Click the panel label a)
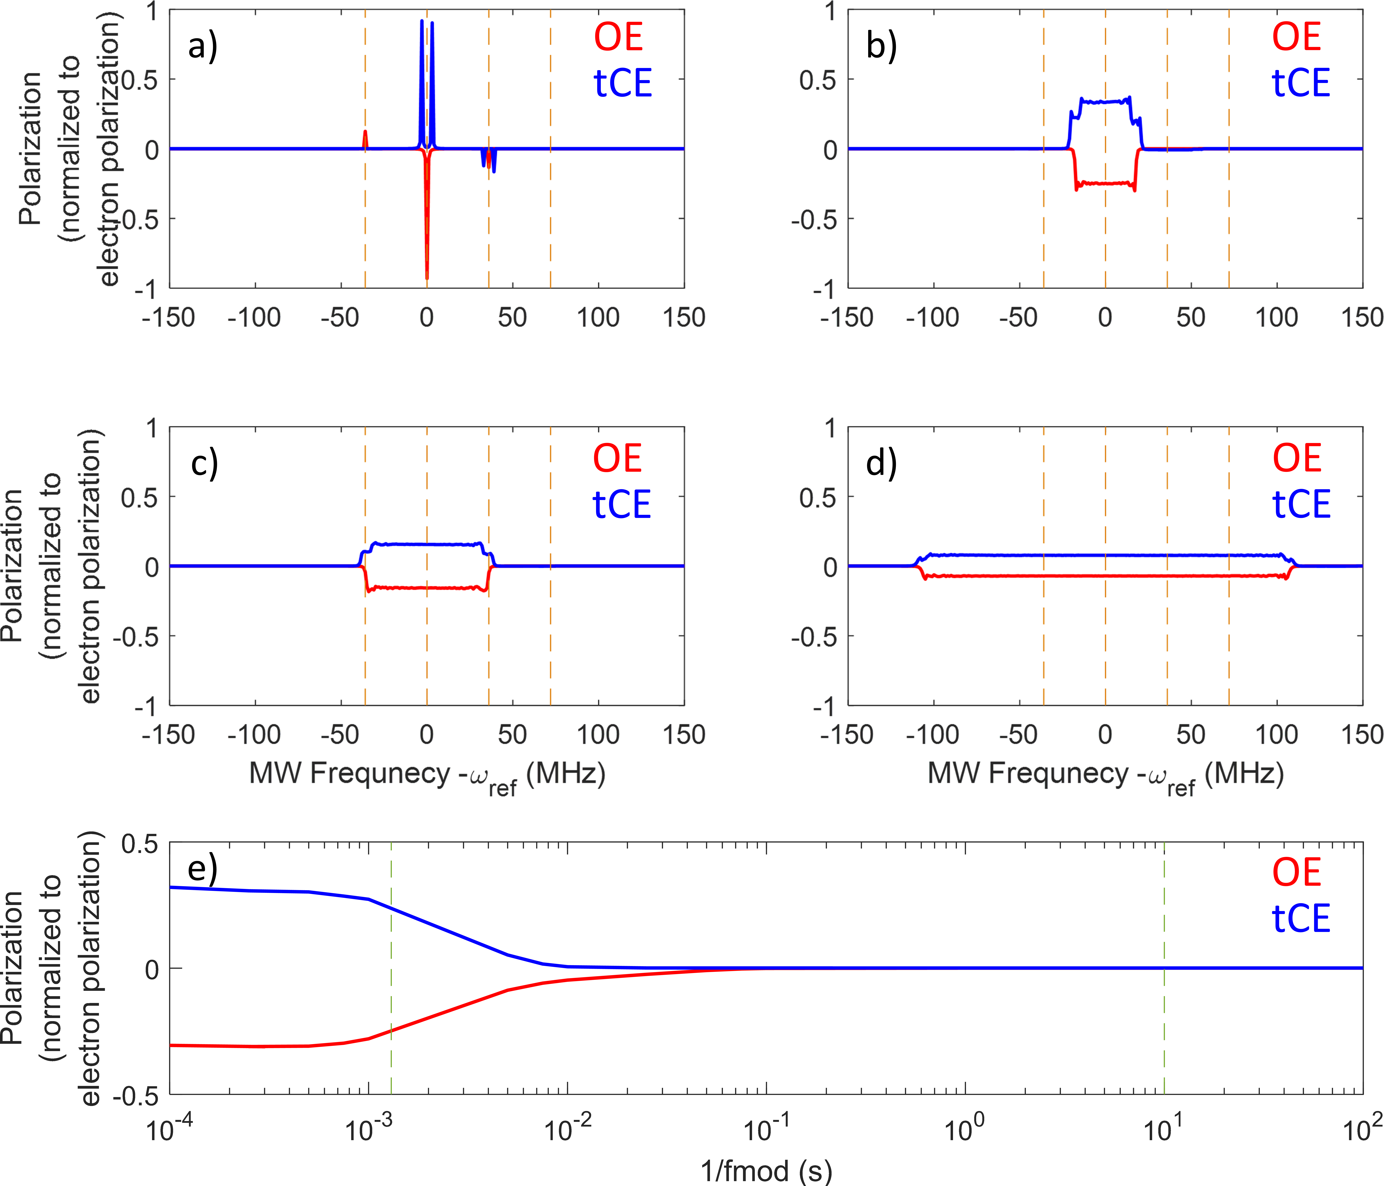(x=202, y=47)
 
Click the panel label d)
(x=881, y=463)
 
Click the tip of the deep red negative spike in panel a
(x=427, y=277)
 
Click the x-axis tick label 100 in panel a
(x=598, y=317)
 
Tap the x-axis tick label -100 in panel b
(x=932, y=317)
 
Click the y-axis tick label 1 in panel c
(x=153, y=428)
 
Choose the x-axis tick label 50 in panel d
(x=1190, y=734)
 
